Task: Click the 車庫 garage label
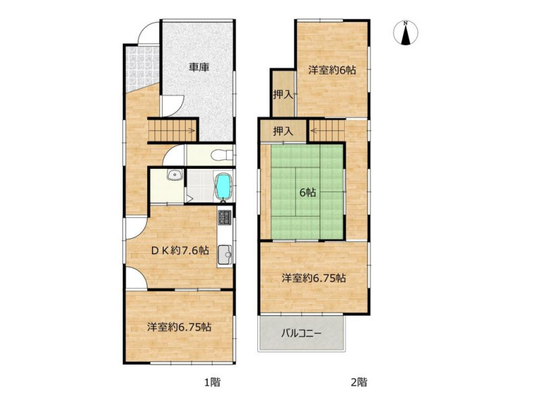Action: (x=199, y=67)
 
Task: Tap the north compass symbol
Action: (x=406, y=33)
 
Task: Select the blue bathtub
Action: (x=224, y=186)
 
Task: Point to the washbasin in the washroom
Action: (x=175, y=175)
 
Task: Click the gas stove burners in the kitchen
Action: (x=225, y=217)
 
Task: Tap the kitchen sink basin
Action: (x=225, y=254)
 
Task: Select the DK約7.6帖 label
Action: (x=180, y=250)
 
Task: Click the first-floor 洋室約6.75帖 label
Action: (x=180, y=327)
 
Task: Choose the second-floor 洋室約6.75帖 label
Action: (x=314, y=278)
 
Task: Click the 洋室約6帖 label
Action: (x=332, y=70)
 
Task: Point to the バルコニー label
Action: (x=301, y=333)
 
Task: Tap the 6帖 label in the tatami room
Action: (x=307, y=192)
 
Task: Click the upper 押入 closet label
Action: (x=283, y=94)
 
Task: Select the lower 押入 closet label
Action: (x=283, y=131)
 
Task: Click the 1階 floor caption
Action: (x=213, y=382)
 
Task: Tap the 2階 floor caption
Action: (x=359, y=382)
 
